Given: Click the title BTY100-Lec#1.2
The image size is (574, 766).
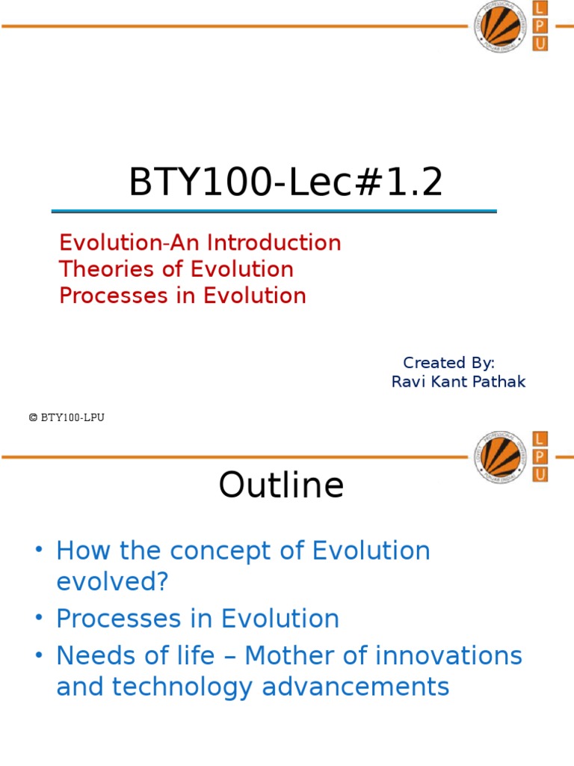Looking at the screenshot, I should pyautogui.click(x=286, y=183).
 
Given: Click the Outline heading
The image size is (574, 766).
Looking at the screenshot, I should pyautogui.click(x=281, y=485).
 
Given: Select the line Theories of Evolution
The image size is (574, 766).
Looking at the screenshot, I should pyautogui.click(x=176, y=269).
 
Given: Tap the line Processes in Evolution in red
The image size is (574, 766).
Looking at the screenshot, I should pyautogui.click(x=182, y=295).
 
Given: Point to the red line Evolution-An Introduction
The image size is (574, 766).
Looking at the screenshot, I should pyautogui.click(x=200, y=243).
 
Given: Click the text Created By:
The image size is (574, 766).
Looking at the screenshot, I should pyautogui.click(x=448, y=363).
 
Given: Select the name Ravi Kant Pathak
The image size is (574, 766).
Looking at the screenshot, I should pyautogui.click(x=458, y=382).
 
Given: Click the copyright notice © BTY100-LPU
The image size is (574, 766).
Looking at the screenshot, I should pyautogui.click(x=67, y=418).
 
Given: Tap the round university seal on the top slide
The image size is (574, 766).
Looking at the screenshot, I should pyautogui.click(x=500, y=27).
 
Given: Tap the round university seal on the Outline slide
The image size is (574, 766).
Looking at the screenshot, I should pyautogui.click(x=500, y=456).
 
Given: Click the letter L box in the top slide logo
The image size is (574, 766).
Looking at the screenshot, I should pyautogui.click(x=540, y=8).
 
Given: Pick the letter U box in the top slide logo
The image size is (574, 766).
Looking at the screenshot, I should pyautogui.click(x=540, y=44).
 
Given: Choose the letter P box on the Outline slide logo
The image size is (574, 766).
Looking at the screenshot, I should pyautogui.click(x=540, y=456).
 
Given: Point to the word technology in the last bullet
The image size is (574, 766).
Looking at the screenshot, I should pyautogui.click(x=195, y=686).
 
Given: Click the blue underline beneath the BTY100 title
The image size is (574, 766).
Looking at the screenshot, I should pyautogui.click(x=274, y=212).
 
